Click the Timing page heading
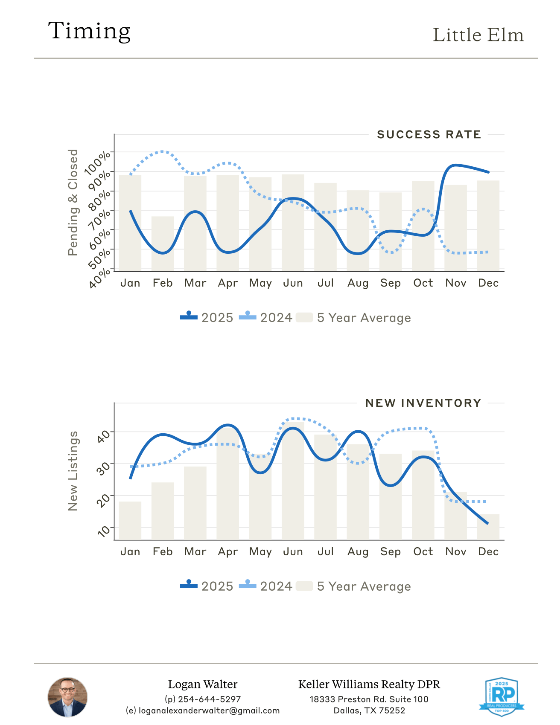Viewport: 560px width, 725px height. point(89,31)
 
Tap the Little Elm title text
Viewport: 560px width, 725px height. point(478,35)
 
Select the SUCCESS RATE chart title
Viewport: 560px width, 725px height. point(429,135)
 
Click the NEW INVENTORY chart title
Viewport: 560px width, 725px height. point(423,403)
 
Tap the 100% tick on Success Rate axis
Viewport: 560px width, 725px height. point(98,162)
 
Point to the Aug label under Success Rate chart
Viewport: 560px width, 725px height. point(358,283)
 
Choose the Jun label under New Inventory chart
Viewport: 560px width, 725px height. point(293,552)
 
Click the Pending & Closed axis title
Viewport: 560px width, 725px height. point(73,202)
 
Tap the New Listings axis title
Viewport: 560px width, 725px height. point(73,471)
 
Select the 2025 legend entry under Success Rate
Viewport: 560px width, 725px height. point(207,318)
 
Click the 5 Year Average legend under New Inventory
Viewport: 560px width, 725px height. point(353,586)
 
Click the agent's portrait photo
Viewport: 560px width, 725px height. point(67,697)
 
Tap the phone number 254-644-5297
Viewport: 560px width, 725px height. point(209,699)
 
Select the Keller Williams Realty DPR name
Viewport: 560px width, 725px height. point(369,684)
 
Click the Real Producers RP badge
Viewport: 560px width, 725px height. point(502,696)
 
